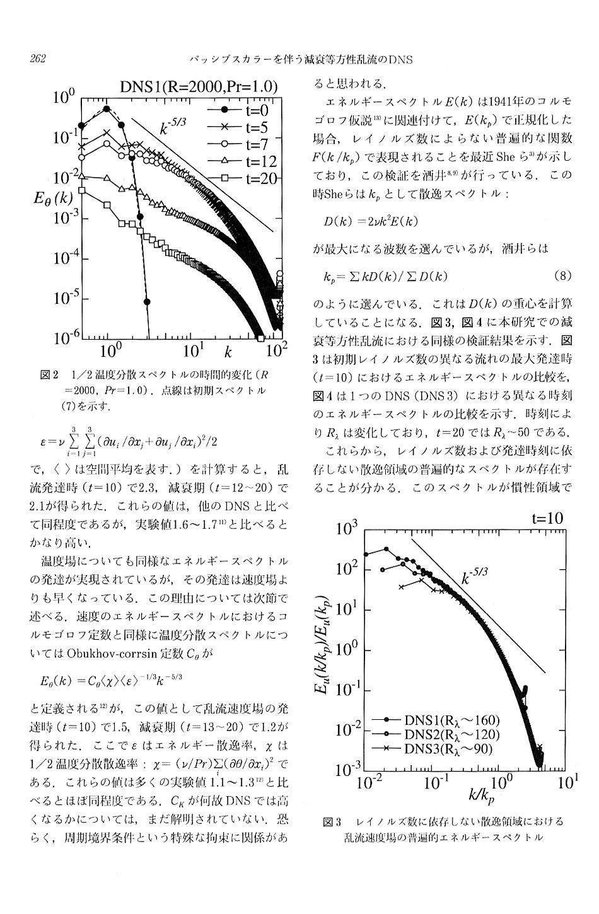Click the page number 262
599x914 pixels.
coord(38,59)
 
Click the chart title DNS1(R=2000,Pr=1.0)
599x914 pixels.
coord(199,87)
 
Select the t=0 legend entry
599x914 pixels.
coord(238,110)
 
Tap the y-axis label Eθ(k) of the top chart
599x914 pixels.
coord(52,199)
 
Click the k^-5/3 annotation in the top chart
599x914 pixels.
coord(172,126)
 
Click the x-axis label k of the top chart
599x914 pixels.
coord(228,352)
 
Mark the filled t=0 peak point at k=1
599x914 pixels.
coord(107,108)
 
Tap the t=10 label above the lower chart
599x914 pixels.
coord(547,518)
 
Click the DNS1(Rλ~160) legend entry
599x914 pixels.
coord(435,720)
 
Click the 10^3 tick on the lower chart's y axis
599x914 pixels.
coord(346,529)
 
